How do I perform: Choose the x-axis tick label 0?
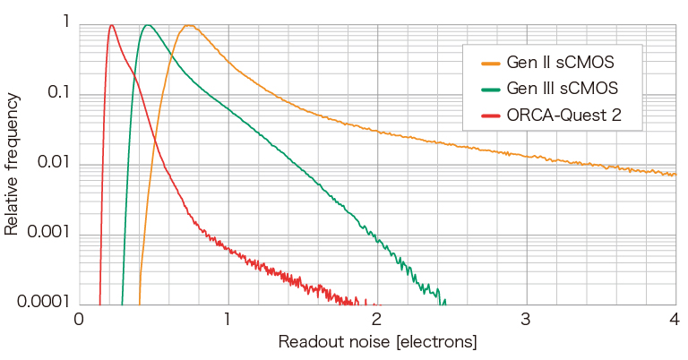click(x=79, y=320)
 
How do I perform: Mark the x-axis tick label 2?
click(x=377, y=320)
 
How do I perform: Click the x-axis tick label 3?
click(x=526, y=320)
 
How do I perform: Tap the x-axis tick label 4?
click(x=675, y=320)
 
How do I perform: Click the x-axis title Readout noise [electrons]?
click(x=377, y=342)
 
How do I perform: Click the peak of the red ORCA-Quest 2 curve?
click(x=111, y=25)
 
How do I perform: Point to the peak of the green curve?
click(x=148, y=25)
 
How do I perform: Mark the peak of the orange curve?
click(x=188, y=25)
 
